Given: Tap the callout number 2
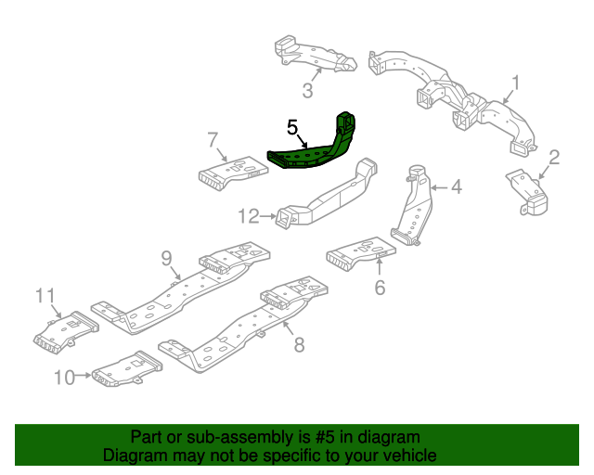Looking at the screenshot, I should (554, 157).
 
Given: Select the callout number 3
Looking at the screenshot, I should (307, 90).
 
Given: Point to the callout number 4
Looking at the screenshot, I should (456, 187).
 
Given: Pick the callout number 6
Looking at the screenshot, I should (379, 288).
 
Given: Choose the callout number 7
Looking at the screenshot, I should (213, 140).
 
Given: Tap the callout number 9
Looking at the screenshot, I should (167, 257).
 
